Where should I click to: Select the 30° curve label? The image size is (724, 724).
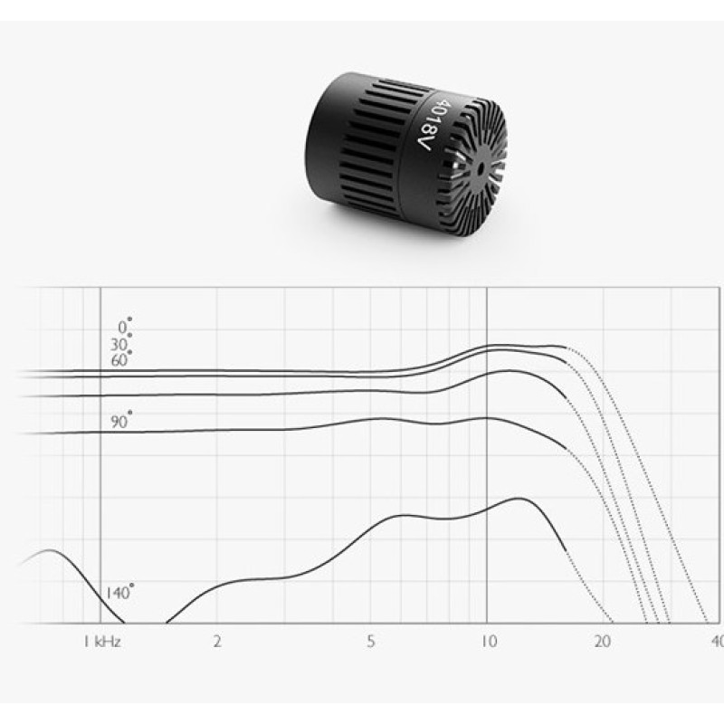pos(121,343)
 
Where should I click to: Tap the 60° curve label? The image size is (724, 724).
pos(121,358)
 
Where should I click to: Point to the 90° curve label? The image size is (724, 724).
pos(121,420)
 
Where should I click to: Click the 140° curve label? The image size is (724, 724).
pos(119,592)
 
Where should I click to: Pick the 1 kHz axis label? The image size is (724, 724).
pos(102,642)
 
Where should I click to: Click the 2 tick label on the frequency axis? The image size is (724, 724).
pos(217,642)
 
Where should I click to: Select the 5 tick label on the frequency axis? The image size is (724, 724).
pos(371,642)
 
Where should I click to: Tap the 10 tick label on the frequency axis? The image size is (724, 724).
pos(489,642)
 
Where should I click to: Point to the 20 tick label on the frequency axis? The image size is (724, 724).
pos(603,642)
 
